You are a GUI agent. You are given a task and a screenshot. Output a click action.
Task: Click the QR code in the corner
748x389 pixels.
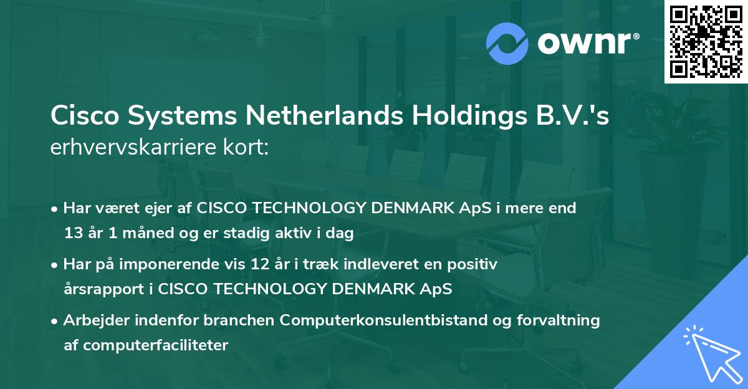(x=706, y=41)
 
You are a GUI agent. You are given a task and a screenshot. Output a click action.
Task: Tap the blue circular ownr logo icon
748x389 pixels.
(x=507, y=42)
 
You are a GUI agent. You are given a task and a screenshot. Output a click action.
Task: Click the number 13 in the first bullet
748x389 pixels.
(x=72, y=234)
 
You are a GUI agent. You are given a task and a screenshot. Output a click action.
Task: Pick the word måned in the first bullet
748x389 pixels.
(x=140, y=234)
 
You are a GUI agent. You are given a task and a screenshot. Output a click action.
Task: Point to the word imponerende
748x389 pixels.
(x=165, y=265)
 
